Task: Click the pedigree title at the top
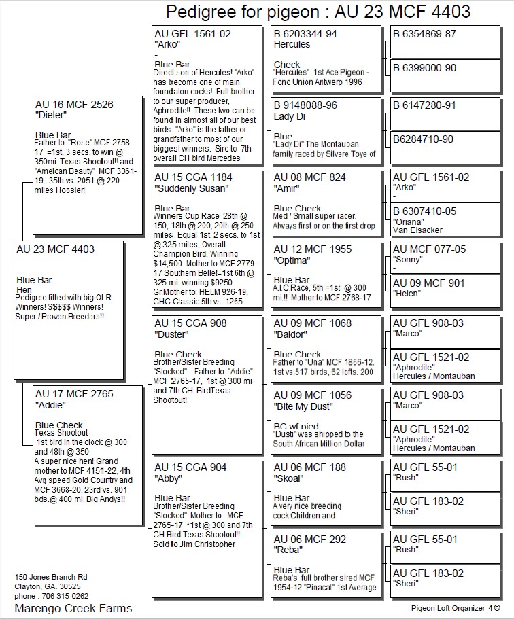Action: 318,12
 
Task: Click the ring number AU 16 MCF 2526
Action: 74,105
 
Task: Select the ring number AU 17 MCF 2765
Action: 74,393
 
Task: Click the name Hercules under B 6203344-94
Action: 292,44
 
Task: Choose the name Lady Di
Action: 289,116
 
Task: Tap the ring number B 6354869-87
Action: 425,33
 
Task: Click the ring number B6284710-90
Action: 423,139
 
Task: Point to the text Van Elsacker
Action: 417,230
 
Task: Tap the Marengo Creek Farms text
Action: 73,607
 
